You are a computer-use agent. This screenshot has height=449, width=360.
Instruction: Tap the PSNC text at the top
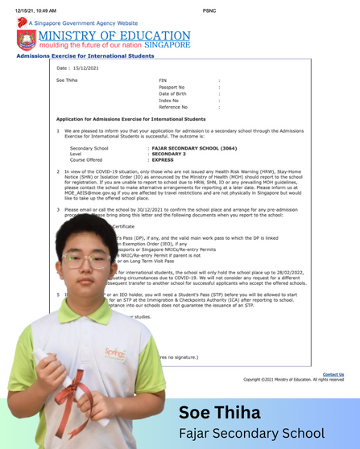209,10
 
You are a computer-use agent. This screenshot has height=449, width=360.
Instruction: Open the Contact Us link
333,374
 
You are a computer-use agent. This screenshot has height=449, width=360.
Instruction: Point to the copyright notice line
293,379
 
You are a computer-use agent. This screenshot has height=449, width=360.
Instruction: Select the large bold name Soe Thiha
219,413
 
